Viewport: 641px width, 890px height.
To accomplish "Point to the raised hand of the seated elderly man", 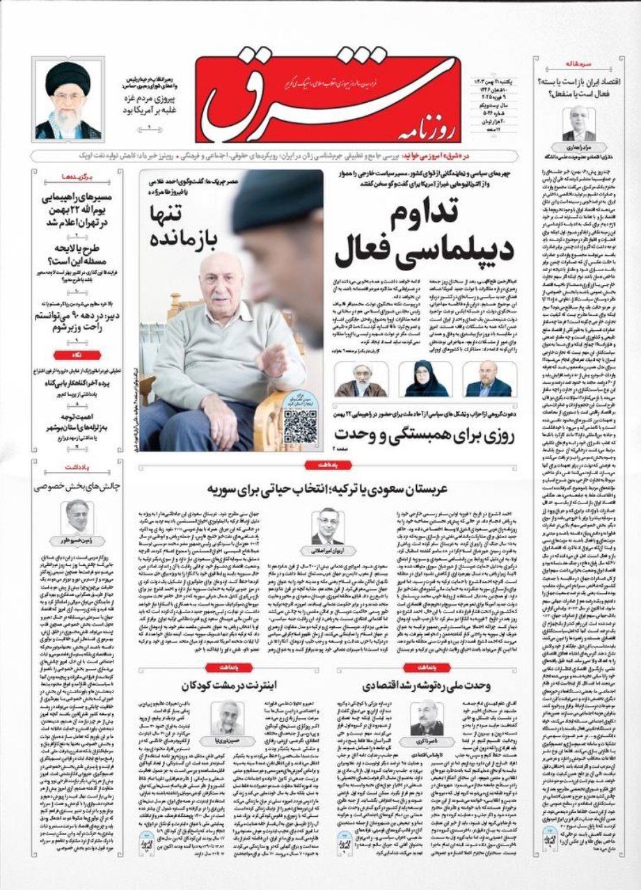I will point(274,357).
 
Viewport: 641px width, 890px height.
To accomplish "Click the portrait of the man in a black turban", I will point(68,100).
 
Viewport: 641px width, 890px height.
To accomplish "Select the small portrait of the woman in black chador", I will point(424,379).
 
